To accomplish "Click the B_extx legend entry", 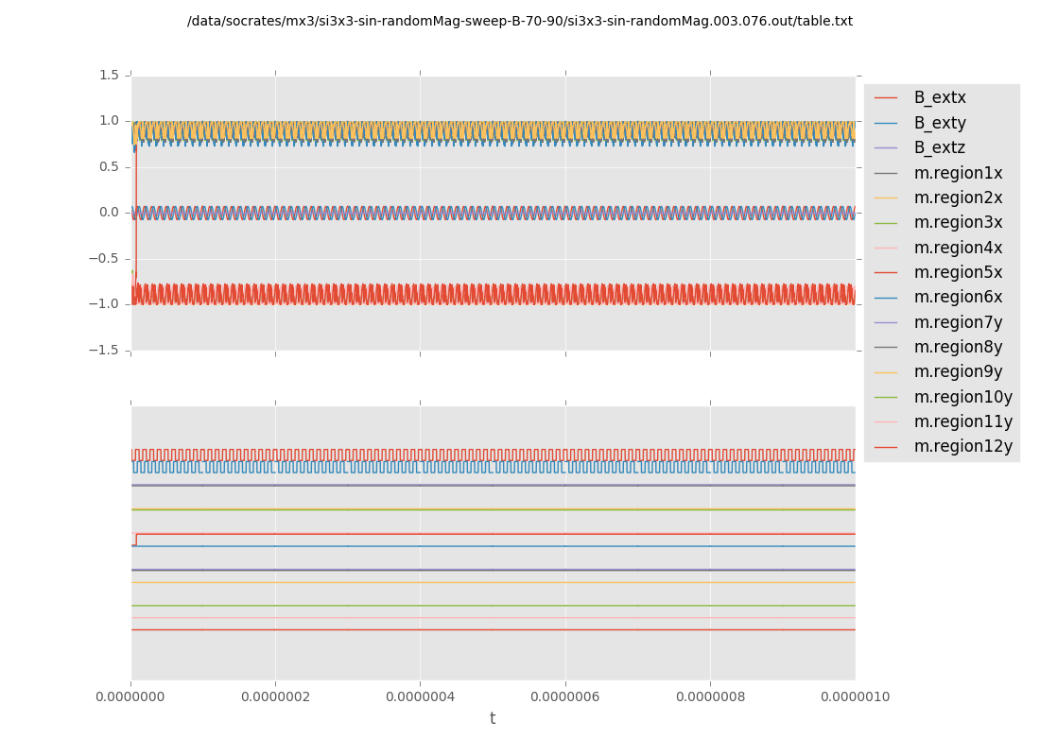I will point(939,97).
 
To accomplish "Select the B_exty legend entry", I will point(939,123).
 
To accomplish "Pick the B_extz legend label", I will point(939,147).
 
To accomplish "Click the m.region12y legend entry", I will point(962,446).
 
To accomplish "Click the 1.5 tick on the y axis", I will point(109,75).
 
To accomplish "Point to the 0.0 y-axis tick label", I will point(109,213).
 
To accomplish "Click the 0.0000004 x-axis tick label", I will point(421,696).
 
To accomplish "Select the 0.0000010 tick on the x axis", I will point(855,696).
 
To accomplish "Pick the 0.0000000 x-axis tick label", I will point(131,696).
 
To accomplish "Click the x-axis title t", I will point(493,718).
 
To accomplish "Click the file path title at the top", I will point(520,21).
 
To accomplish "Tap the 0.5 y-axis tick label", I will point(109,166).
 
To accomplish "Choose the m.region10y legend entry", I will point(962,397).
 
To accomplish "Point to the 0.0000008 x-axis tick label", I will point(710,696).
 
